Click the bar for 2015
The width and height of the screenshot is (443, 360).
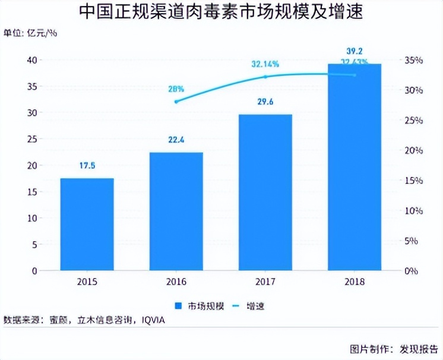pyautogui.click(x=87, y=224)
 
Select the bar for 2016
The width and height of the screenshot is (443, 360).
pyautogui.click(x=176, y=211)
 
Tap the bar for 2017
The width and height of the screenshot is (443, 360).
pyautogui.click(x=265, y=192)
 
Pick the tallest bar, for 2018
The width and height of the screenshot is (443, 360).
pyautogui.click(x=355, y=167)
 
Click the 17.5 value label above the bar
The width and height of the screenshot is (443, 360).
pyautogui.click(x=87, y=166)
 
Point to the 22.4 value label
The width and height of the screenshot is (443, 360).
pyautogui.click(x=176, y=140)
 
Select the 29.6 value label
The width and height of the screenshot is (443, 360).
pyautogui.click(x=265, y=102)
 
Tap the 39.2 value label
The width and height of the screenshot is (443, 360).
pyautogui.click(x=355, y=50)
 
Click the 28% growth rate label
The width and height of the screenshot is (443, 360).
pyautogui.click(x=176, y=89)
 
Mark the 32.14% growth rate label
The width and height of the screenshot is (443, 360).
pyautogui.click(x=265, y=64)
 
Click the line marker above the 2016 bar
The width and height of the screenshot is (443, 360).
pyautogui.click(x=176, y=102)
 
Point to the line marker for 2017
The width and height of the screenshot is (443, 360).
pyautogui.click(x=265, y=77)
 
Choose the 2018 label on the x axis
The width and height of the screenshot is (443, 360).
pyautogui.click(x=355, y=282)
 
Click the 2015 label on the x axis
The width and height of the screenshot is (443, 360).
pyautogui.click(x=87, y=282)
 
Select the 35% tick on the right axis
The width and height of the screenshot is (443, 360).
pyautogui.click(x=410, y=60)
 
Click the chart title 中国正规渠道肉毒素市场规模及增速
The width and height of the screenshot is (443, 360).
pyautogui.click(x=221, y=11)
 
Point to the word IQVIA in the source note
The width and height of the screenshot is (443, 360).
pyautogui.click(x=153, y=321)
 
